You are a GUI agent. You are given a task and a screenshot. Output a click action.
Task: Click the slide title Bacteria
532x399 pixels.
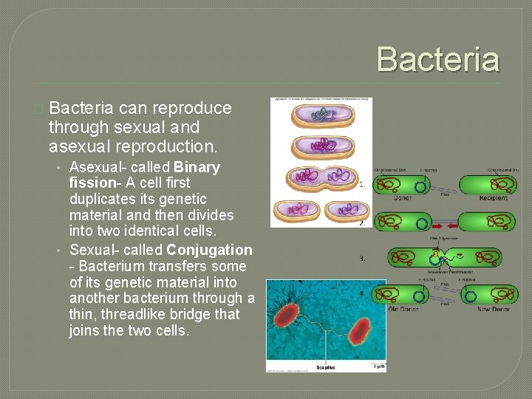tap(438, 59)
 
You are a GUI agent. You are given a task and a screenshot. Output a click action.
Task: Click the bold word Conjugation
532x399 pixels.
tap(210, 250)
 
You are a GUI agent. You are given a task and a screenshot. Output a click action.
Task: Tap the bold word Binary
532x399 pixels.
tap(196, 167)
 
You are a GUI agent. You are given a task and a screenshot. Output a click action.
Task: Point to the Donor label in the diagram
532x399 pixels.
tap(403, 198)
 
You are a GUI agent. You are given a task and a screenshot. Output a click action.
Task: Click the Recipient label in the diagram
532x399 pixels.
tap(492, 198)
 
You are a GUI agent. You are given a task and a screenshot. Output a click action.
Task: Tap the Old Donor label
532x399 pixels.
tap(403, 309)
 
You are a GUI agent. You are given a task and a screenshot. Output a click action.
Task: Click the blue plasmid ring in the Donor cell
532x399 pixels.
tap(420, 188)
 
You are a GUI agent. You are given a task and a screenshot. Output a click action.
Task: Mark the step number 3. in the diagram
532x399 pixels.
tap(362, 259)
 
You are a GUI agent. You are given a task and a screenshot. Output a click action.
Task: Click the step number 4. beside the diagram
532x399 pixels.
tap(362, 293)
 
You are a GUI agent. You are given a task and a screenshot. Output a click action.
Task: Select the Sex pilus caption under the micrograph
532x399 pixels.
tap(325, 367)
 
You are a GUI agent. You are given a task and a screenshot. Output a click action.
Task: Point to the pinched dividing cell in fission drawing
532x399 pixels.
tap(321, 178)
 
